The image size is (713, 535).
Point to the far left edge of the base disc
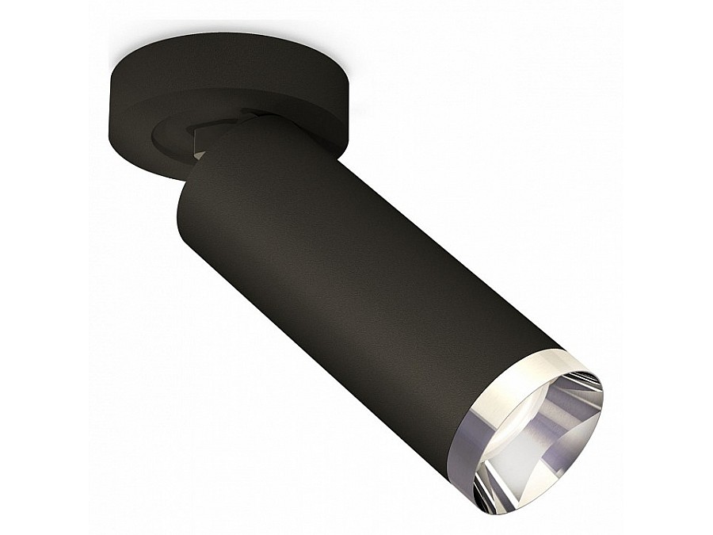point(110,111)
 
